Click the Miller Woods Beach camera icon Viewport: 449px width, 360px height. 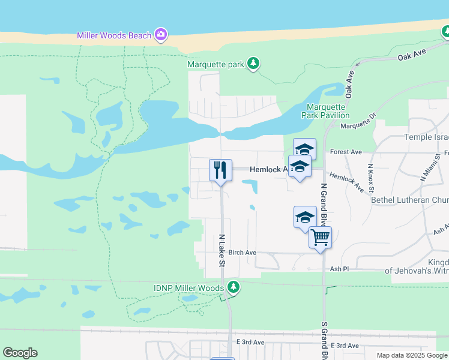160,35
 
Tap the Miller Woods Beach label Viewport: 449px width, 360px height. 114,35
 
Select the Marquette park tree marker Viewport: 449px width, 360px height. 253,64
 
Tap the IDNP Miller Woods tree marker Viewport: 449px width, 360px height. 234,288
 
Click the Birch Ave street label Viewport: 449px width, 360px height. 243,253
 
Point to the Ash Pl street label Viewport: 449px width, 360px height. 339,269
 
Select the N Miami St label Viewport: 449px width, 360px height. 427,170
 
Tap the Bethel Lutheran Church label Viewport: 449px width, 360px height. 410,200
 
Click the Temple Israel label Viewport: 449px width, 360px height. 426,137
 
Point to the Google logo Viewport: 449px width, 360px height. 20,353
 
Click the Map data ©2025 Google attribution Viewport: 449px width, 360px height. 412,355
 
